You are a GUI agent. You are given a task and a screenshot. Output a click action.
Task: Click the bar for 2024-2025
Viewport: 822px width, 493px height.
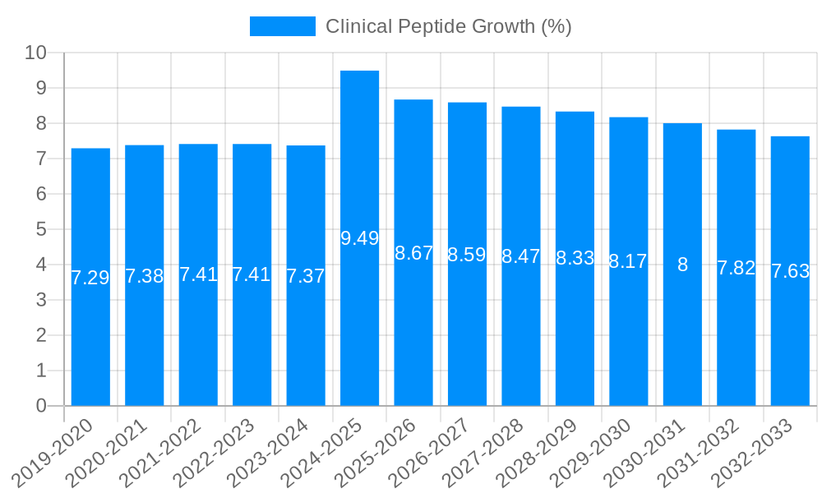point(359,238)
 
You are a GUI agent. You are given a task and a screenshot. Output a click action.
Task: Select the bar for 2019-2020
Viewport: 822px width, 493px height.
point(90,277)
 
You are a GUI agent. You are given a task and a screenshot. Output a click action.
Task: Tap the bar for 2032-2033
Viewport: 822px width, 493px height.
point(790,271)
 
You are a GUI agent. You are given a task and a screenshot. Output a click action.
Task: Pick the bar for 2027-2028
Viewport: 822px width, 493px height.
point(521,256)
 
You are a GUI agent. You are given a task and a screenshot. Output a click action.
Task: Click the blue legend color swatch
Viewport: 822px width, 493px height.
point(282,26)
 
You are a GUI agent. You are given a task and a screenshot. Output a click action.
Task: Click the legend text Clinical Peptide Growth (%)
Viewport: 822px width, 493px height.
point(448,26)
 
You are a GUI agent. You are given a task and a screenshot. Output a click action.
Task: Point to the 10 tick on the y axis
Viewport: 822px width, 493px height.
point(35,53)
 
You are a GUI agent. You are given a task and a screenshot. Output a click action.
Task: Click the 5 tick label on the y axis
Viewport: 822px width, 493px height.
point(41,229)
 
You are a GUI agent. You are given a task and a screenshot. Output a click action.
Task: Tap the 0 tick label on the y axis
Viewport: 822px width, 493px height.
point(41,406)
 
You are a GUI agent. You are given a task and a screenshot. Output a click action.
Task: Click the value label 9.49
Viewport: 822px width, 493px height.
point(359,238)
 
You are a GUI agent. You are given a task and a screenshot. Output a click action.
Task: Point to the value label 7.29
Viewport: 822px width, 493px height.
point(90,278)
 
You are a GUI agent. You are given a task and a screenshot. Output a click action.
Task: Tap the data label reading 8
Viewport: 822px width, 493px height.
point(682,265)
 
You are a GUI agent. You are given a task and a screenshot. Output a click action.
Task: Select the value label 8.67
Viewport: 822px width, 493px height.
point(413,253)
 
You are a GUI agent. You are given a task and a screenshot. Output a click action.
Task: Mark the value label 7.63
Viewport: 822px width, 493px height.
point(790,271)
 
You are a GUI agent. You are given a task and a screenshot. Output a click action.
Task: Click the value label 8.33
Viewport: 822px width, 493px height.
point(575,258)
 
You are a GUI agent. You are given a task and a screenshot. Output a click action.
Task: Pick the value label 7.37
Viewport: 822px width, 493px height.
point(306,276)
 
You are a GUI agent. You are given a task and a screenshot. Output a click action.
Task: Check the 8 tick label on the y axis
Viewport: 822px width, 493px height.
point(41,123)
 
